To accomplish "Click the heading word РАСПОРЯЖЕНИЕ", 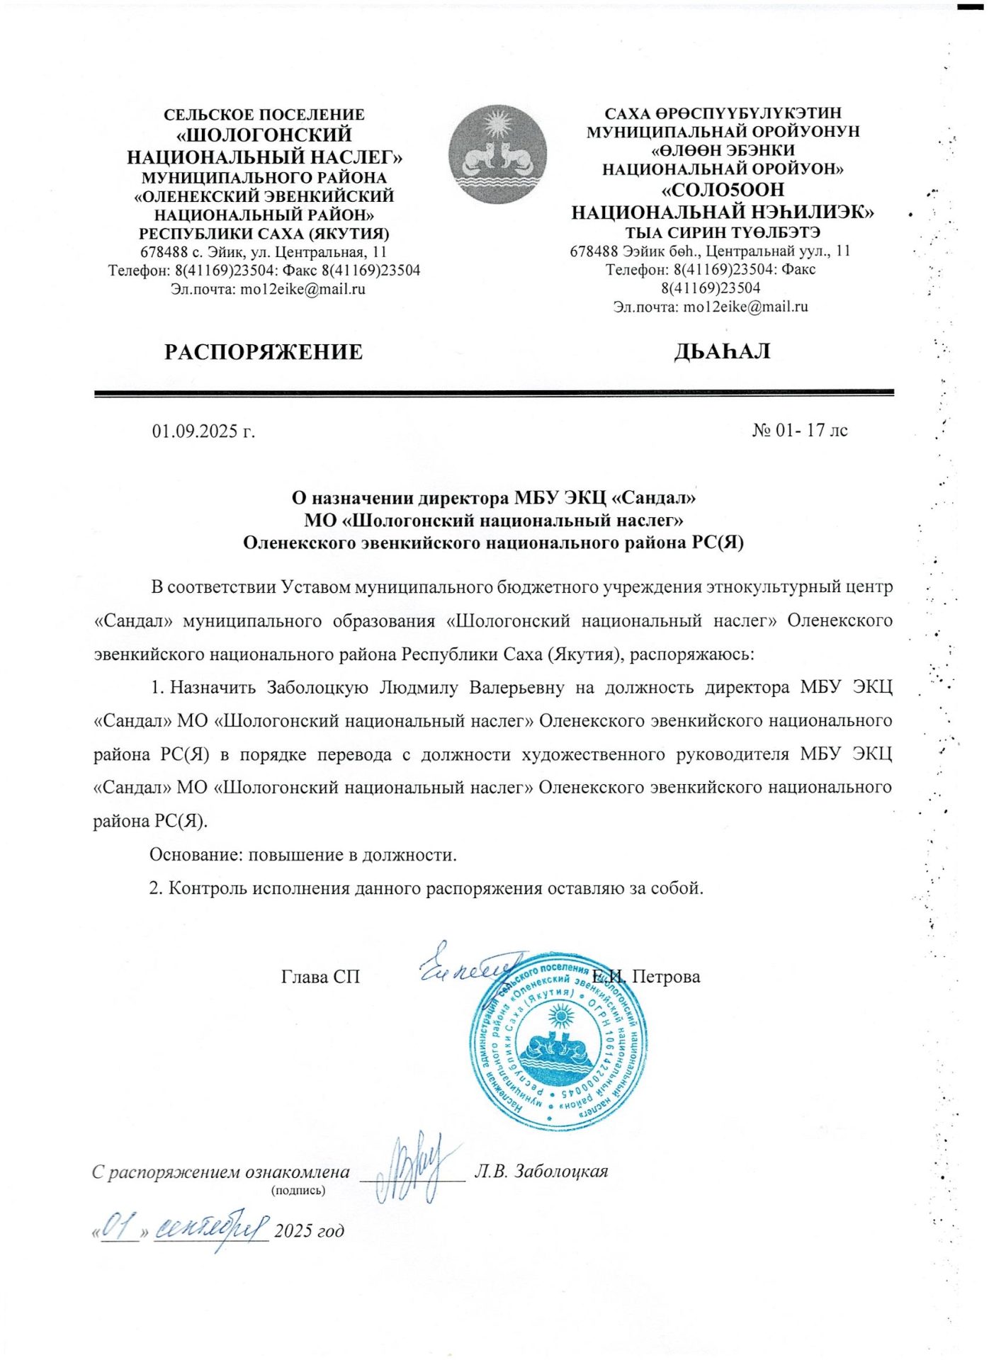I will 264,352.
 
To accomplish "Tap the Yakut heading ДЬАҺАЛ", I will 722,351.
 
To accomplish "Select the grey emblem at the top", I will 497,154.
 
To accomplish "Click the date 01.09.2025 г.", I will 203,431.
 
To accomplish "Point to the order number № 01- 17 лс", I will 799,430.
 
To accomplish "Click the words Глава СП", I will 320,977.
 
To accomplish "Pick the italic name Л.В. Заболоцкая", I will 541,1171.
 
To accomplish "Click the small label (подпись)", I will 298,1191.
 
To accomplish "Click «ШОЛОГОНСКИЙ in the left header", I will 264,135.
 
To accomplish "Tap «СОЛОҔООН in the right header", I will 723,190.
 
